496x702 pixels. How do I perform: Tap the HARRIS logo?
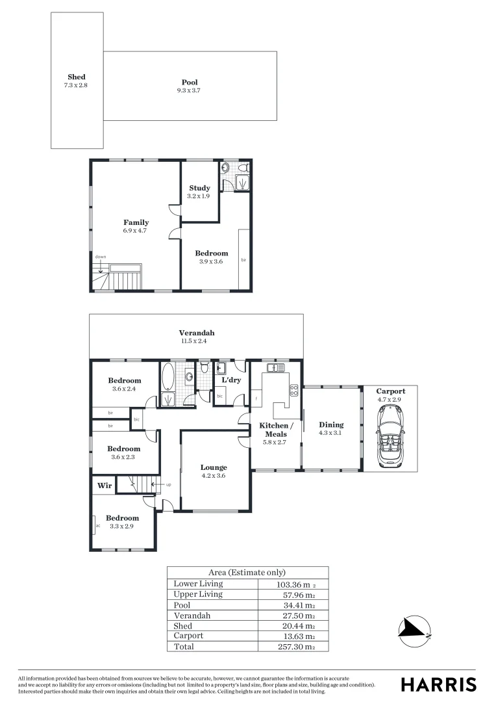point(438,684)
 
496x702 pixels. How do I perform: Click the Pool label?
point(190,83)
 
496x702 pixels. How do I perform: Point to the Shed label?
point(77,77)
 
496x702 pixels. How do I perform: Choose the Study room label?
point(199,188)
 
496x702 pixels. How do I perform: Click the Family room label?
point(136,222)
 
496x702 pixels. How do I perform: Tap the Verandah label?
point(197,333)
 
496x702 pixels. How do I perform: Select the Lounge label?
point(214,467)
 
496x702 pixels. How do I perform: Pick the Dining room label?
point(331,425)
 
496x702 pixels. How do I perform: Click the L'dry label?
point(231,380)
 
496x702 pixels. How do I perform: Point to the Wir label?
point(105,485)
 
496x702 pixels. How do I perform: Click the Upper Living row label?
point(198,594)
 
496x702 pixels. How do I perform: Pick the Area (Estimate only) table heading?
point(247,573)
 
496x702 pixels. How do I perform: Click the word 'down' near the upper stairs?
point(101,257)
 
